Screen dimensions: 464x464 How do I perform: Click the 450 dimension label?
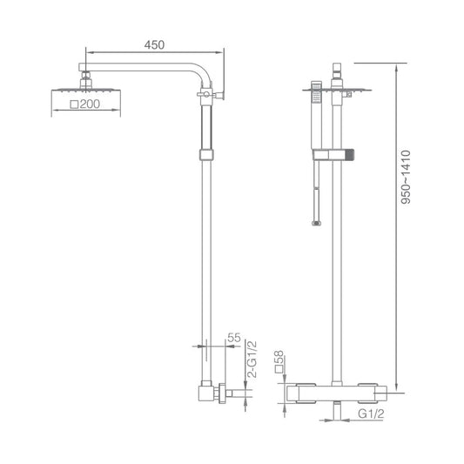click(154, 45)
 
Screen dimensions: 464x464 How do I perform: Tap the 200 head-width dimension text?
click(90, 104)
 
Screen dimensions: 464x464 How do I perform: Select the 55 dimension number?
click(234, 338)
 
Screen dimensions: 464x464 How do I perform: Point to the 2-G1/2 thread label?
click(252, 359)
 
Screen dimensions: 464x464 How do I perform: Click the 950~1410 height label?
click(406, 177)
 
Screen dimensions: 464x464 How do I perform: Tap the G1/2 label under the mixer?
click(371, 414)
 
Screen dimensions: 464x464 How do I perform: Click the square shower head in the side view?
click(86, 90)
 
